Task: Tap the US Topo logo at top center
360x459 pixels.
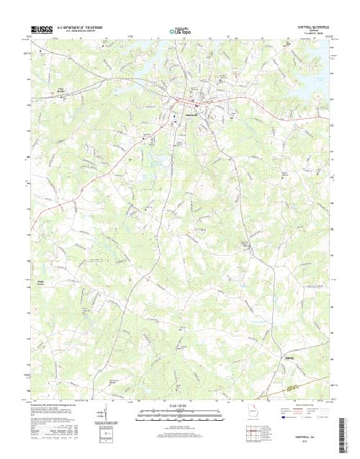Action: [180, 31]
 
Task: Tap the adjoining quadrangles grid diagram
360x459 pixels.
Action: [251, 434]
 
